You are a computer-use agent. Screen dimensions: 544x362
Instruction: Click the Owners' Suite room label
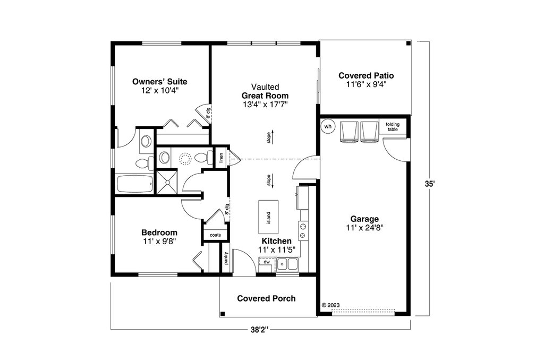(x=159, y=82)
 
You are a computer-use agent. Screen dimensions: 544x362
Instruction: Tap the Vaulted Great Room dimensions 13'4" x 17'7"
(x=266, y=105)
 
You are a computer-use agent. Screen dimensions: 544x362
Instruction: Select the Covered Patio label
(x=366, y=75)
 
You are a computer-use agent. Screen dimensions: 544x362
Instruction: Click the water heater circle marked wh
(x=328, y=126)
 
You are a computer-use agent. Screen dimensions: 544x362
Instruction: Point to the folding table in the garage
(x=393, y=126)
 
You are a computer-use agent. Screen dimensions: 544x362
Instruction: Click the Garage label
(x=364, y=219)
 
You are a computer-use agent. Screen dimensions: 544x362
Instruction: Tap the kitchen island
(x=268, y=217)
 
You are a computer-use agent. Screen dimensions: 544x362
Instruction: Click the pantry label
(x=226, y=258)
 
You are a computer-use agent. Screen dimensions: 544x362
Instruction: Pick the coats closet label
(x=216, y=235)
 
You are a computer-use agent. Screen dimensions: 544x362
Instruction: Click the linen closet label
(x=221, y=158)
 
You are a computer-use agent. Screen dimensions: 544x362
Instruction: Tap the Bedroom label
(x=159, y=232)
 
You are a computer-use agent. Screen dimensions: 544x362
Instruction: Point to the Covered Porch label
(x=267, y=298)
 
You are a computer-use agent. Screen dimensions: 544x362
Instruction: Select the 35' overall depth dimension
(x=429, y=184)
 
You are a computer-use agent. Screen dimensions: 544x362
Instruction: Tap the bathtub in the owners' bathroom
(x=134, y=184)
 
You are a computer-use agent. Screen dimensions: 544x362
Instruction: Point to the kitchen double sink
(x=287, y=265)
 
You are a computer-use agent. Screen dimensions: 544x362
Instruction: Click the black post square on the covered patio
(x=409, y=44)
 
